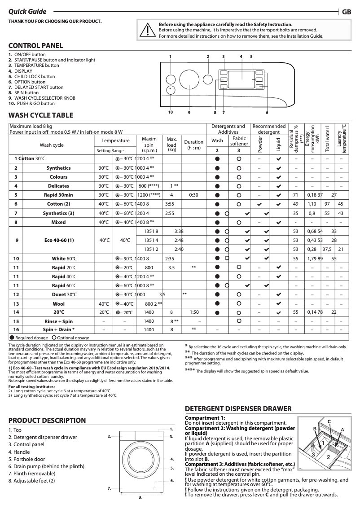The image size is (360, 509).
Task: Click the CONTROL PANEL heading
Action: coord(35,45)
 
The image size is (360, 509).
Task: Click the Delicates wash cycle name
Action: coord(58,186)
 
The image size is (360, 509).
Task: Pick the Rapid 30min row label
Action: coord(58,195)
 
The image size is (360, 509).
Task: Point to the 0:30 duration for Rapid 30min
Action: coord(193,195)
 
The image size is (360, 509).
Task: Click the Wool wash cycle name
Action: coord(58,303)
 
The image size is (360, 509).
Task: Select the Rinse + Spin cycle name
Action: coord(58,321)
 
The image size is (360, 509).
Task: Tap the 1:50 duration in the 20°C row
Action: coord(194,312)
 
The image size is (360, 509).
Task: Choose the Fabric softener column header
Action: coord(239,141)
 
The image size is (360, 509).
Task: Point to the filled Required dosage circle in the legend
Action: coord(12,338)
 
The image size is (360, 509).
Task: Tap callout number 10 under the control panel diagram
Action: coord(171,112)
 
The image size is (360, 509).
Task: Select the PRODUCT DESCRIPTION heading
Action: coord(47,421)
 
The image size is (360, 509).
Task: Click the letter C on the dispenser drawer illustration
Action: coord(329,421)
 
